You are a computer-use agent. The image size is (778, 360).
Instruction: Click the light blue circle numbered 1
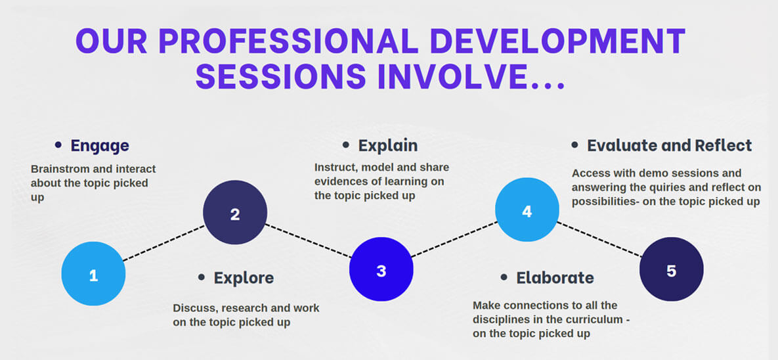tap(93, 273)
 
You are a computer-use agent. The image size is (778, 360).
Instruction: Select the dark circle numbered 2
tap(235, 213)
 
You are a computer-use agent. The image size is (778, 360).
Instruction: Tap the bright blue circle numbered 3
tap(381, 269)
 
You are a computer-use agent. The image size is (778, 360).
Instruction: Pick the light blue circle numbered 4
tap(527, 210)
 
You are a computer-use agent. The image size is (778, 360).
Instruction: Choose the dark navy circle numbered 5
tap(672, 269)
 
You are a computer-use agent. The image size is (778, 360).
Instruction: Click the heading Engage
tap(100, 146)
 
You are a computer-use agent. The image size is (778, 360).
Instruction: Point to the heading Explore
tap(244, 278)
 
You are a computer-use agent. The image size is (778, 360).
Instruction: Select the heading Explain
tap(388, 145)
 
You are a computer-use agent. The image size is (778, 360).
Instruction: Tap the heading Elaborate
tap(555, 277)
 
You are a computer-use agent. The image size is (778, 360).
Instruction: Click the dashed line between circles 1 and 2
tap(164, 243)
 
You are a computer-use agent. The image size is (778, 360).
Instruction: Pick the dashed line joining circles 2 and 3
tap(309, 241)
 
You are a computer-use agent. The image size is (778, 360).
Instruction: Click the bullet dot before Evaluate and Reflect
tap(574, 145)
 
